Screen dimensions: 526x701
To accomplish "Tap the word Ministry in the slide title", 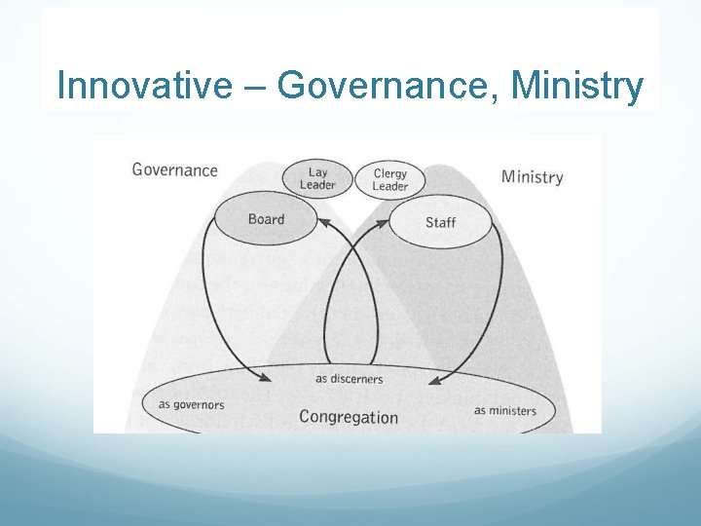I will (x=576, y=86).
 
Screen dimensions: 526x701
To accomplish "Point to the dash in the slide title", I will (x=253, y=86).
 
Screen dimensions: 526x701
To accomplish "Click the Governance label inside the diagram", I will (x=174, y=170).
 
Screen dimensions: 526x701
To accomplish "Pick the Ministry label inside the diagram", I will (x=532, y=176).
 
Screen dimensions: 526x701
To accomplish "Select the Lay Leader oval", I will (x=317, y=178).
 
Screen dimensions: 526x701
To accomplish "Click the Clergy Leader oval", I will (x=390, y=179).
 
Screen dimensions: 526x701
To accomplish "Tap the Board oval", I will (x=266, y=219).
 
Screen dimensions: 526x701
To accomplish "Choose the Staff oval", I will (x=440, y=222).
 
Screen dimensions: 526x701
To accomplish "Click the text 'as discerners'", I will (x=350, y=379).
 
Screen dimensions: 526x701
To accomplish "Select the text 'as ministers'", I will (x=505, y=410).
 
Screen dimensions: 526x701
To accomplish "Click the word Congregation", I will (x=349, y=417).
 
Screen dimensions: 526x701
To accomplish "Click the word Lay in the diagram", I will (x=318, y=172).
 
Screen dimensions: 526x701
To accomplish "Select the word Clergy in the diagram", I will (x=390, y=173).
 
